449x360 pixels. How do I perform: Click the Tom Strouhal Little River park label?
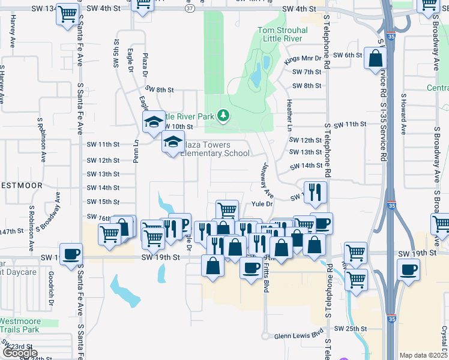283,35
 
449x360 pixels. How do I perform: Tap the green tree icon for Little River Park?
223,115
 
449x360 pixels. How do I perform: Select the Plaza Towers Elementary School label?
215,149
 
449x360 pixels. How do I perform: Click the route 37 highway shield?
190,9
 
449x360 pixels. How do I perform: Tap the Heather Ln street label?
289,115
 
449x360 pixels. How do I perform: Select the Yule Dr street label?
262,204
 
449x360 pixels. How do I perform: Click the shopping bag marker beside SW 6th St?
375,59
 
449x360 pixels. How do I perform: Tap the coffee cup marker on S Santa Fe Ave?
71,253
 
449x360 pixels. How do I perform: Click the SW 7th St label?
307,72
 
